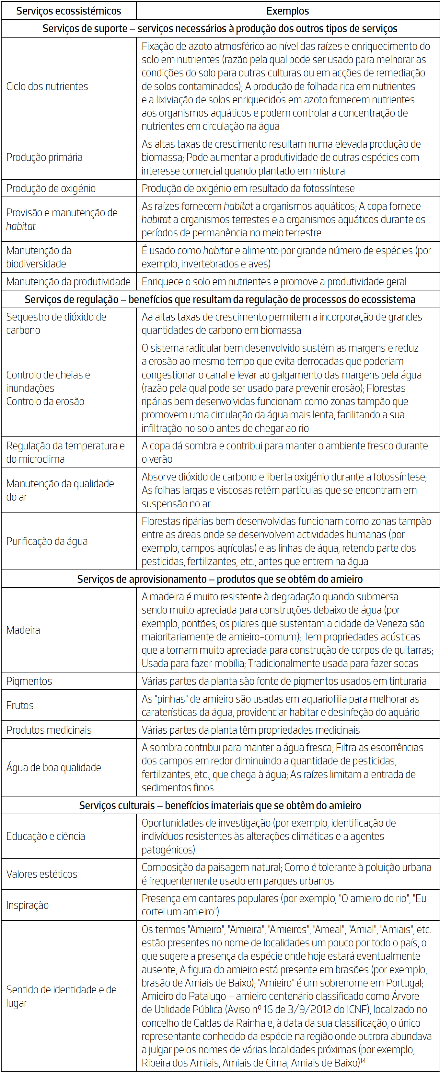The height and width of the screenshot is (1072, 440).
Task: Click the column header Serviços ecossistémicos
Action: (69, 11)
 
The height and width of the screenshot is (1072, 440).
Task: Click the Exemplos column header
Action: (288, 11)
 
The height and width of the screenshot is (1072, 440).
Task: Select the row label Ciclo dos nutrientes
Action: (47, 86)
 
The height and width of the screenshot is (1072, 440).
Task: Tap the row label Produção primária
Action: (44, 157)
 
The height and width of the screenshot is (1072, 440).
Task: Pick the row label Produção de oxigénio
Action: (51, 188)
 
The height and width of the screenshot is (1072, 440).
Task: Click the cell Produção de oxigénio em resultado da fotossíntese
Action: (248, 188)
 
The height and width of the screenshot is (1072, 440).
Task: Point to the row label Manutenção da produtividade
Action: (68, 282)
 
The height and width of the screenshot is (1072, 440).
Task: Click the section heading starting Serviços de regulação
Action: (220, 299)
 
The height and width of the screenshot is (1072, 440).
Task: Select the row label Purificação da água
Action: (47, 541)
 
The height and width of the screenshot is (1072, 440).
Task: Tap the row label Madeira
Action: (23, 630)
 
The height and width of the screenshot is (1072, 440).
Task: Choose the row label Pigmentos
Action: (29, 681)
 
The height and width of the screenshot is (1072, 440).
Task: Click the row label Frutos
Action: (20, 705)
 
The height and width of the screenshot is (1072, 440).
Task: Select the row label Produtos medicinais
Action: (49, 730)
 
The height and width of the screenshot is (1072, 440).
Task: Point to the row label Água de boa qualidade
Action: (54, 767)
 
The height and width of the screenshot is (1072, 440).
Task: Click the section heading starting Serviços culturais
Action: (220, 805)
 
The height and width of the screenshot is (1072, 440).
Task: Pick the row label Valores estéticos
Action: (41, 874)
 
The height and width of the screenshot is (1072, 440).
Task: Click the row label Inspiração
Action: (28, 905)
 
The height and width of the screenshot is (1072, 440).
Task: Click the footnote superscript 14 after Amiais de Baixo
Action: (363, 1060)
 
